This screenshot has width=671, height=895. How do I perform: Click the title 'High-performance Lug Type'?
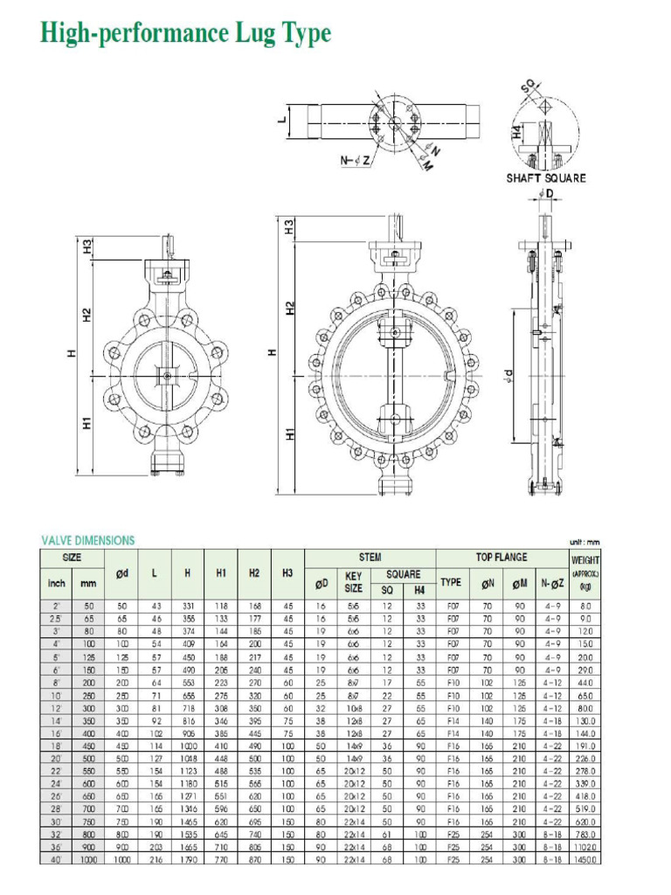tap(186, 34)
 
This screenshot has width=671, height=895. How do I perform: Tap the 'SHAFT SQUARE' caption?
tap(546, 178)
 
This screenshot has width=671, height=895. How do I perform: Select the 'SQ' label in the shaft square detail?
tap(528, 87)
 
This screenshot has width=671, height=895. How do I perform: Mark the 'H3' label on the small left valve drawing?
tap(87, 247)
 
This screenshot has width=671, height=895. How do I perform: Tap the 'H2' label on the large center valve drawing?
tap(291, 308)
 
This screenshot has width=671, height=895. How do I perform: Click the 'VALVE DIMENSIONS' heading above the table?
tap(88, 540)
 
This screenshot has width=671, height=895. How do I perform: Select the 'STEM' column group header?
tap(370, 557)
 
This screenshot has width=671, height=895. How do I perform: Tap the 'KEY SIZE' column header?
tap(354, 582)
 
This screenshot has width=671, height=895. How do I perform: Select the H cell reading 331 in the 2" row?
tap(187, 605)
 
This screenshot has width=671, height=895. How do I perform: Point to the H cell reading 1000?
tap(187, 746)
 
